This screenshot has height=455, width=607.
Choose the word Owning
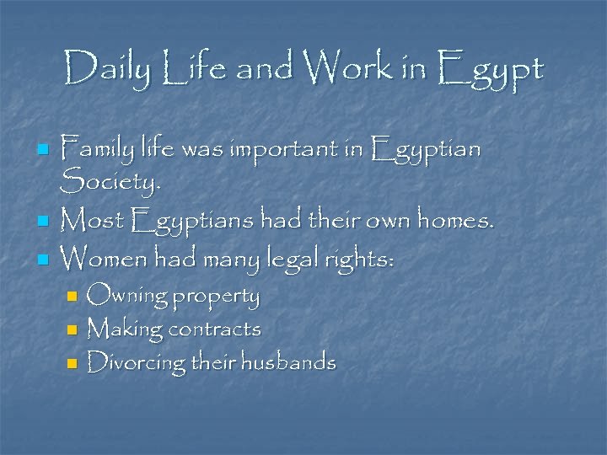(x=126, y=297)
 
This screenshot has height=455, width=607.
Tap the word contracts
(x=215, y=329)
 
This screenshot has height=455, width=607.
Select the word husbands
(x=289, y=363)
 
